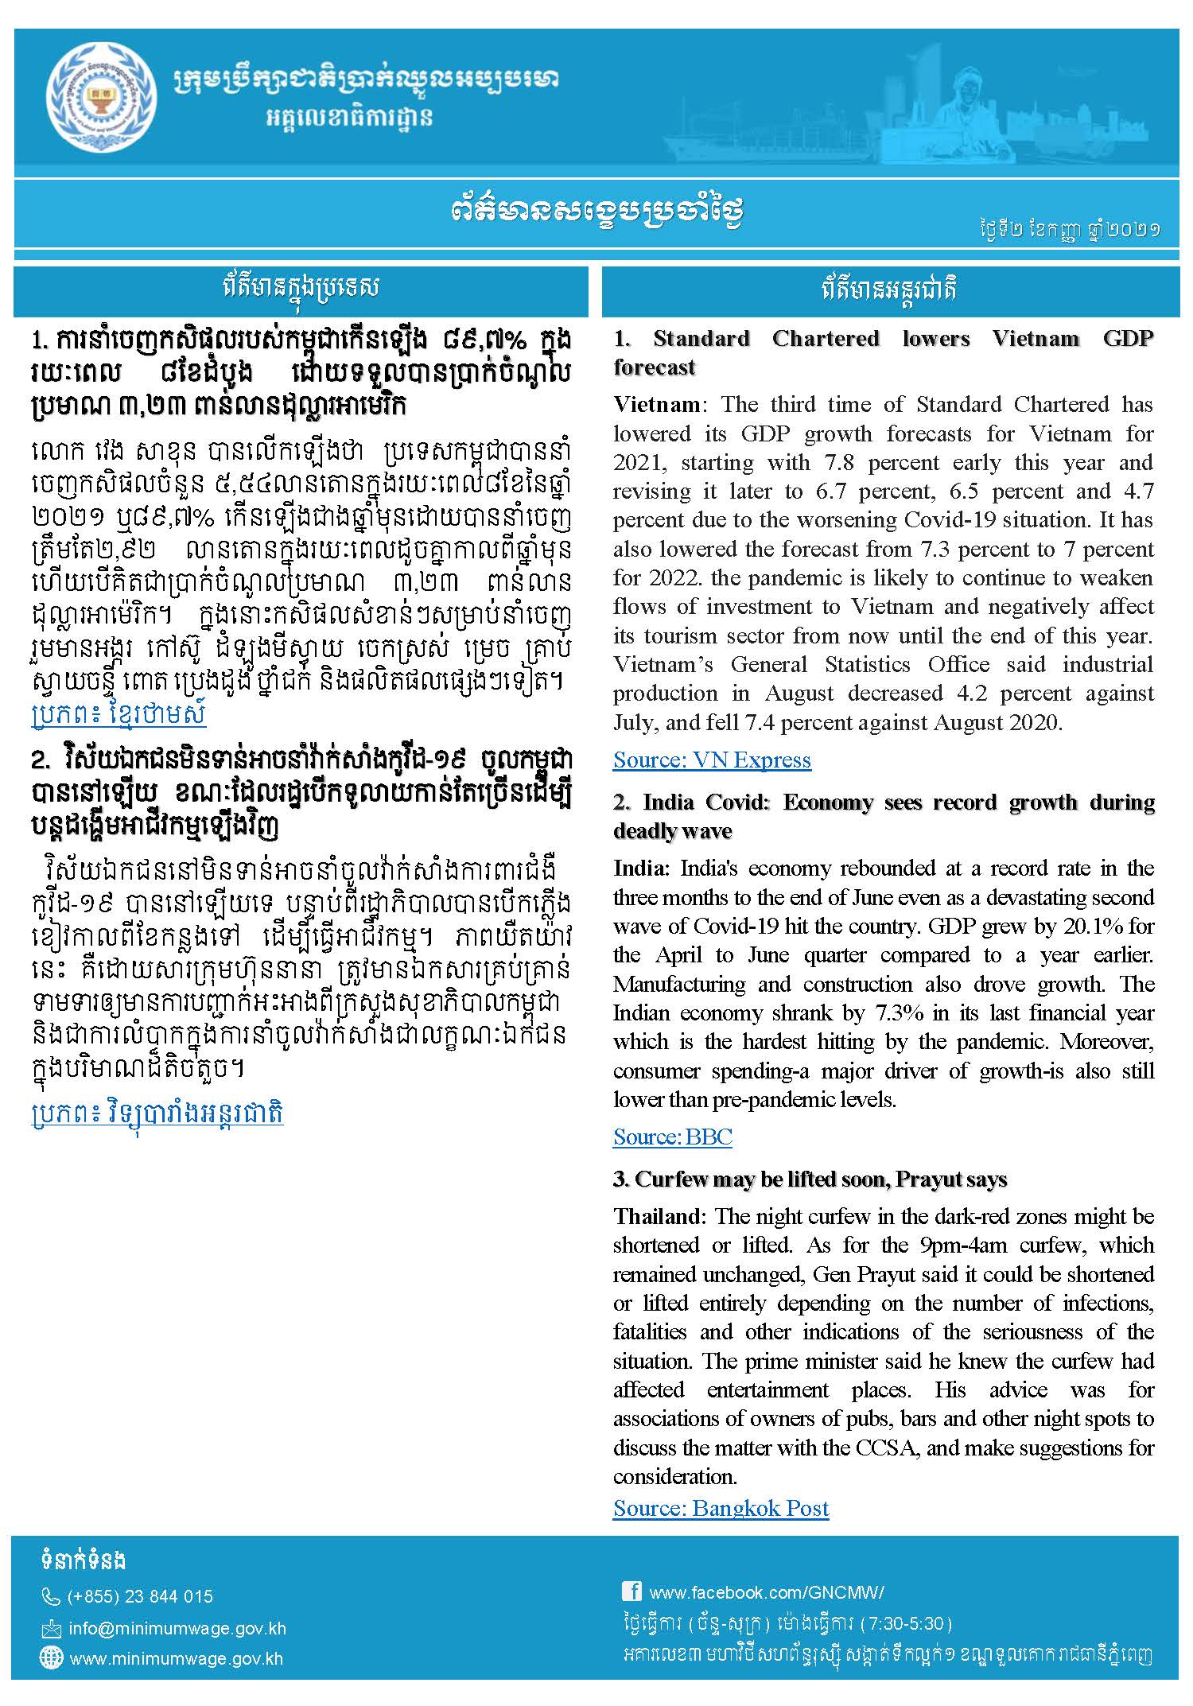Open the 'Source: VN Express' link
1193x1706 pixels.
point(712,760)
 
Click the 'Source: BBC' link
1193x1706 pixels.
point(672,1137)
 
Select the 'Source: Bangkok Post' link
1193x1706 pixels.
point(721,1508)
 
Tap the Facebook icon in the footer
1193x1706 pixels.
point(631,1591)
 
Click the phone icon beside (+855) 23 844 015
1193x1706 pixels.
point(51,1596)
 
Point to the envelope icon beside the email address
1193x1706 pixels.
point(51,1629)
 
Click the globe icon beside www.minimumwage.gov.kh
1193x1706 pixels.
point(51,1658)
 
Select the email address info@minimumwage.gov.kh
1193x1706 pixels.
point(177,1628)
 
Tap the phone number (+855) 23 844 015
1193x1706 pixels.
point(141,1596)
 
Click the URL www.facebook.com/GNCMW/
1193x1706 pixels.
point(767,1592)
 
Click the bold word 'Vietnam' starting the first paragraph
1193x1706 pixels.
point(656,405)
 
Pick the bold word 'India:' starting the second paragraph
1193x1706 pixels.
point(643,869)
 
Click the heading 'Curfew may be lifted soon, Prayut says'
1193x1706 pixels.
point(810,1179)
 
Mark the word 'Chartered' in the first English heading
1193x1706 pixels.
point(826,339)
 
